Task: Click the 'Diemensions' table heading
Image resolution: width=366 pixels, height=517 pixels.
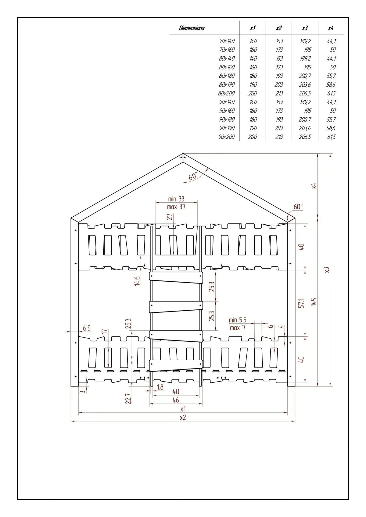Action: [192, 28]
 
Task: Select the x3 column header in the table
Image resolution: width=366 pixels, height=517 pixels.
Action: [305, 28]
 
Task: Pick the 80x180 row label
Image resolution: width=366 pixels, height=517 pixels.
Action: [227, 76]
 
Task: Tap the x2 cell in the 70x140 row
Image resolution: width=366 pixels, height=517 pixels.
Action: [279, 41]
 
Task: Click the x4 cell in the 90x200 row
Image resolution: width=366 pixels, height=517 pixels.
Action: [331, 137]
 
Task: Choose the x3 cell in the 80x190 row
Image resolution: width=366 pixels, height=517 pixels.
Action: [305, 84]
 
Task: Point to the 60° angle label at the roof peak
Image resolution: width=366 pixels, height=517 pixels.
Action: [193, 176]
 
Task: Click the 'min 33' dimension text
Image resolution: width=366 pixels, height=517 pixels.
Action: [176, 199]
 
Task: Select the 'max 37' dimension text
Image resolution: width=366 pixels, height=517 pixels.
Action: [176, 207]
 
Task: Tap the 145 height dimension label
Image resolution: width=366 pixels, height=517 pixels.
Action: [314, 302]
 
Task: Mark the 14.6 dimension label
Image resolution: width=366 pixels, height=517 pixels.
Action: [137, 281]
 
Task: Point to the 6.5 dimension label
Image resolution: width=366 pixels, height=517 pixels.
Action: [87, 328]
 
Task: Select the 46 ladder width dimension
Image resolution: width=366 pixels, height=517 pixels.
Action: [176, 400]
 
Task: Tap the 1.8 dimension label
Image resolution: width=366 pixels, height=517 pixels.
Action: [160, 387]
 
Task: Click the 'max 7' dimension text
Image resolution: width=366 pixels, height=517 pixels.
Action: [238, 328]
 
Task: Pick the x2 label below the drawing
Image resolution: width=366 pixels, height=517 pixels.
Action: [183, 417]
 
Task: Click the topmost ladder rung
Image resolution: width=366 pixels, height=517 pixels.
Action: [176, 277]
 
